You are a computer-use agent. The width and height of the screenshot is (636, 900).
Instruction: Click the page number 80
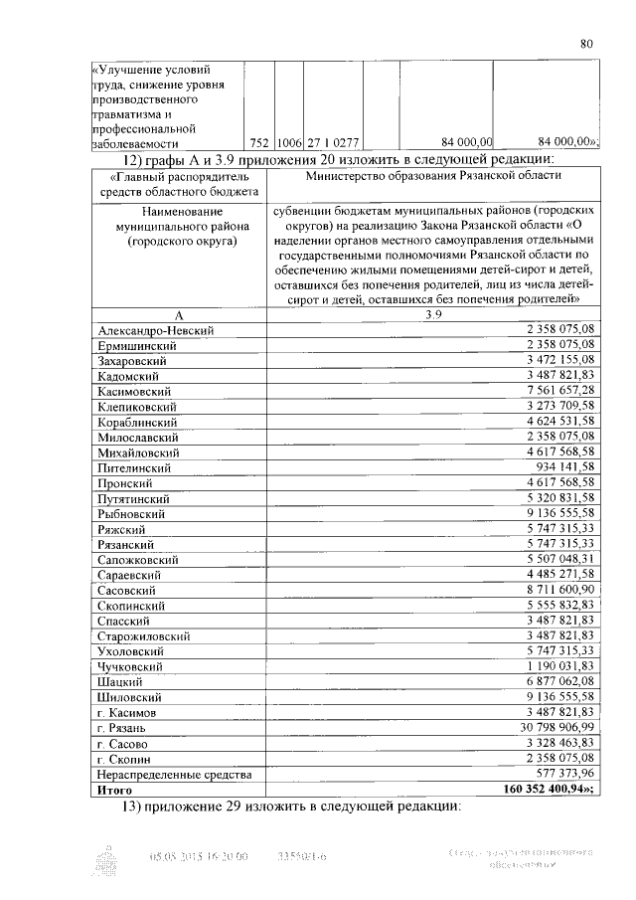coord(586,43)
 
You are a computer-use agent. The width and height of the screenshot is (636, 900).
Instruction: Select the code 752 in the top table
coord(259,141)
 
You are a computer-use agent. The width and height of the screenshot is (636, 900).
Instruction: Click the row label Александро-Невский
coord(157,329)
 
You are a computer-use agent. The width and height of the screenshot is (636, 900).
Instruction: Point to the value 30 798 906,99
coord(547,728)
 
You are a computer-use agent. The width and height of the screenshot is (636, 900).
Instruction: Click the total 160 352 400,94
coord(541,789)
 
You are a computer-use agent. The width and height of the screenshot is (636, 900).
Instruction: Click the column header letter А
coord(178,313)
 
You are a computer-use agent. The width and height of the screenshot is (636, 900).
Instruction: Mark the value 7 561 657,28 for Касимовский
coord(550,391)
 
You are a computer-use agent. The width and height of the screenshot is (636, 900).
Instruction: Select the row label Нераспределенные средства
coord(173,774)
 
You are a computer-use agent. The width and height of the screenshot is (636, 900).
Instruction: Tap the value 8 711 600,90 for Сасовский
coord(550,590)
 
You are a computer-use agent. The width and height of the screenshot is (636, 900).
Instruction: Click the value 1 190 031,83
coord(550,666)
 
